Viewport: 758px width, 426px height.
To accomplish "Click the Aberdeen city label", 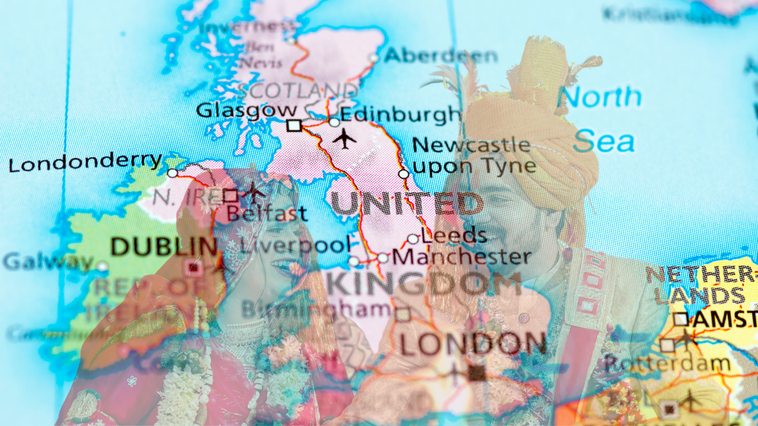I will coord(441,56).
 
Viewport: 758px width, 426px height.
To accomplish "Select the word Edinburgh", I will coord(400,114).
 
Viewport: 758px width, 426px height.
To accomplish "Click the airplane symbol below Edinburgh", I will coord(345,139).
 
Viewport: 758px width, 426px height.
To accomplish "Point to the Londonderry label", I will coord(85,163).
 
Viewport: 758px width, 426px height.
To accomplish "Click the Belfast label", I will coord(267,214).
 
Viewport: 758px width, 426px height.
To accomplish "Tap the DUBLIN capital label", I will coord(164,247).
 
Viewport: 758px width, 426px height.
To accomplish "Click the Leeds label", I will coord(454,235).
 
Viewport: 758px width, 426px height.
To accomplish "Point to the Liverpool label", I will coord(296,245).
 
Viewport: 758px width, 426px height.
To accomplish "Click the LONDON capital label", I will coord(473,344).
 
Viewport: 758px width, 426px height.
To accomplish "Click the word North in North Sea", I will coord(602,98).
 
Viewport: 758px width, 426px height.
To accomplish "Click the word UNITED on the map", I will coord(406,204).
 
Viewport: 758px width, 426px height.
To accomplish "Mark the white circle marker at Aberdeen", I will coord(374,58).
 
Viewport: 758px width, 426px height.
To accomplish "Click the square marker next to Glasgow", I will coord(294,126).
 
